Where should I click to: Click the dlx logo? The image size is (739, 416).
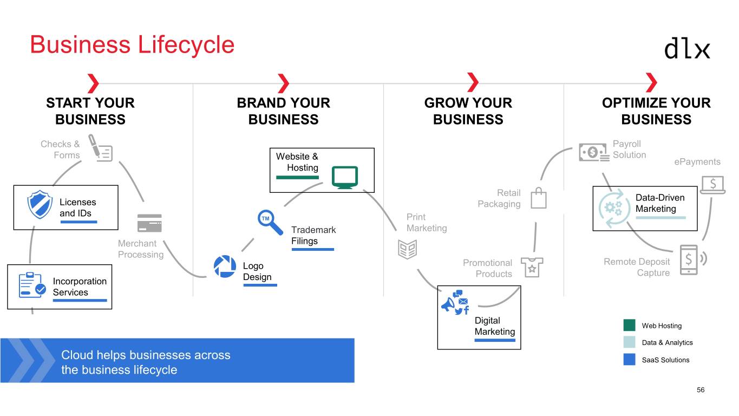point(686,48)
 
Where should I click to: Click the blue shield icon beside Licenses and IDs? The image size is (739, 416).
point(40,204)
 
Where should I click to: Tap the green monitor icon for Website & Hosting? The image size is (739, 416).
point(344,177)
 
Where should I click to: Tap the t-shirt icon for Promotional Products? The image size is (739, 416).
point(532,267)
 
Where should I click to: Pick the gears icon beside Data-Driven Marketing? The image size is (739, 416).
point(614,209)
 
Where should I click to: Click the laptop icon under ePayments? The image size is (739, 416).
point(713,185)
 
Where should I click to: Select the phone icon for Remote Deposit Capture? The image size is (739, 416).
point(689,260)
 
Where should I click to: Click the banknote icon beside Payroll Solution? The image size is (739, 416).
point(594,152)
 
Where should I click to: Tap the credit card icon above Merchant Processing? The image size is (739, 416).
point(149,223)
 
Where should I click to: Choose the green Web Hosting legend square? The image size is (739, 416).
point(629,326)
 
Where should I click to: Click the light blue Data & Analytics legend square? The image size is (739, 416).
point(629,342)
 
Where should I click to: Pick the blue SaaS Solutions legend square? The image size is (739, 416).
point(629,360)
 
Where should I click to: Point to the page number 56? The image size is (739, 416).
point(701,390)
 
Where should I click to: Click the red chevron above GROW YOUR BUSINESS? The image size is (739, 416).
point(473,83)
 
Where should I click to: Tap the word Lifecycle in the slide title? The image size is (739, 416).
point(186,44)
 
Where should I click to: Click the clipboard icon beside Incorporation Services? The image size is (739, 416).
point(32,285)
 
